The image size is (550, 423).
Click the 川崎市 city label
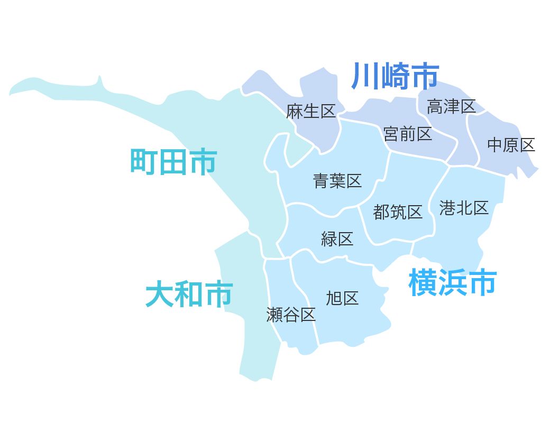[x=395, y=76]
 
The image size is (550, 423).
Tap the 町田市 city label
[x=173, y=162]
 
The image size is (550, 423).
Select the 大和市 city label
[x=189, y=295]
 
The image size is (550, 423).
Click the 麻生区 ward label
[x=311, y=112]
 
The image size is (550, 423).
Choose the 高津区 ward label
[x=452, y=106]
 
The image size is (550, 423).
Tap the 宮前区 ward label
[x=408, y=134]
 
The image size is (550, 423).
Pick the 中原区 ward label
[x=511, y=144]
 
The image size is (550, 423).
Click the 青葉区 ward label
[x=337, y=181]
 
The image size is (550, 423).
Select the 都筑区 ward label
[x=398, y=212]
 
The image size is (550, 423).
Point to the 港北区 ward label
[x=464, y=208]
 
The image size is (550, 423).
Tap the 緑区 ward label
[x=337, y=239]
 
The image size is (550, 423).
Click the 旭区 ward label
[x=342, y=298]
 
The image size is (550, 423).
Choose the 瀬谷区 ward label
[x=291, y=315]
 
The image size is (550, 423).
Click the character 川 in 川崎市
[x=365, y=76]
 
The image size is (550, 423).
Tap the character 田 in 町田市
[x=173, y=162]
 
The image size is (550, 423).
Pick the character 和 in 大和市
[x=189, y=295]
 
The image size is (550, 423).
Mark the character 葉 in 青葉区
[x=337, y=181]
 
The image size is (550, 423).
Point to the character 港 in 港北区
[x=447, y=208]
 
